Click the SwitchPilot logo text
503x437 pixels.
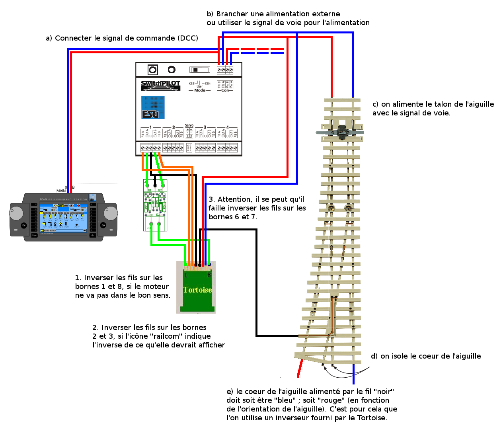coord(160,84)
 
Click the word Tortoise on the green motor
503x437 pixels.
coord(197,290)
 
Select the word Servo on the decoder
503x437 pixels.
coord(189,125)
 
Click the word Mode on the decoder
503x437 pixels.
coord(200,90)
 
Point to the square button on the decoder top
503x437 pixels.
coord(153,70)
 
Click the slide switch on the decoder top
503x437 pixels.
coord(200,70)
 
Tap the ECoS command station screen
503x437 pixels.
coord(63,219)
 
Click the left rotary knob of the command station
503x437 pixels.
coord(17,213)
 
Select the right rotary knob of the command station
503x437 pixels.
coord(110,213)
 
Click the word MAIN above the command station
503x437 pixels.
coord(61,191)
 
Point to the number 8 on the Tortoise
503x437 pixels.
coord(209,275)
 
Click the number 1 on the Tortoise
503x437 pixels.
coord(186,275)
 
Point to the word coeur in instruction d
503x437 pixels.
coord(421,356)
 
